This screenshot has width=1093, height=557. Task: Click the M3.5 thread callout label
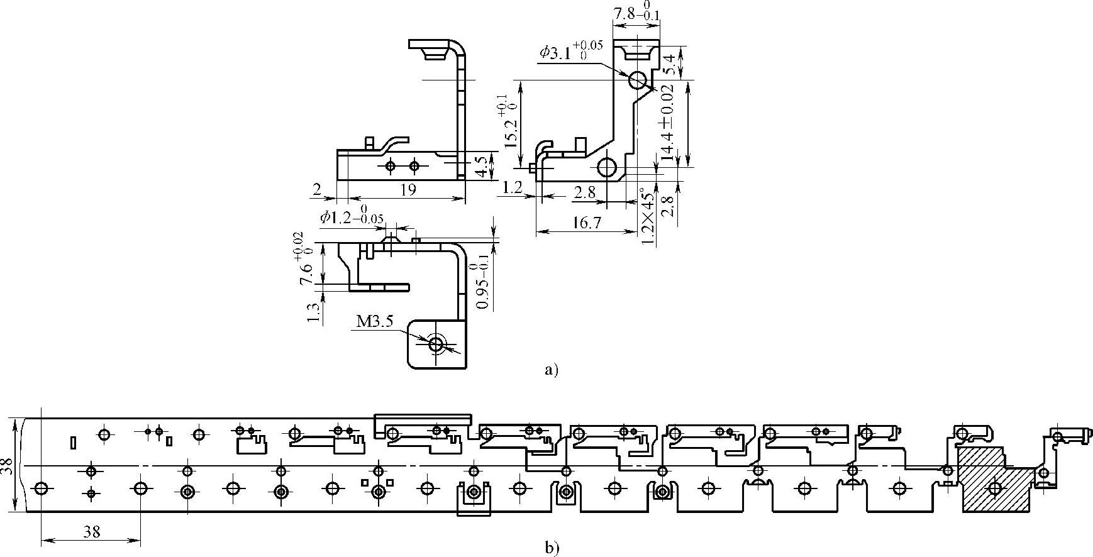pos(375,323)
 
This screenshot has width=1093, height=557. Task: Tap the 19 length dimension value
pos(408,189)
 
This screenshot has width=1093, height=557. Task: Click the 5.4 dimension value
pos(670,65)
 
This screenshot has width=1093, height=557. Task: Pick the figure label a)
pos(551,370)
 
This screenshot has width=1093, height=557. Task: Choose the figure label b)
pos(551,548)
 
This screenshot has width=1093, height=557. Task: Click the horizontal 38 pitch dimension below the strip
pos(92,531)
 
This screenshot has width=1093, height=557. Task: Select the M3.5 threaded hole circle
pos(435,344)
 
